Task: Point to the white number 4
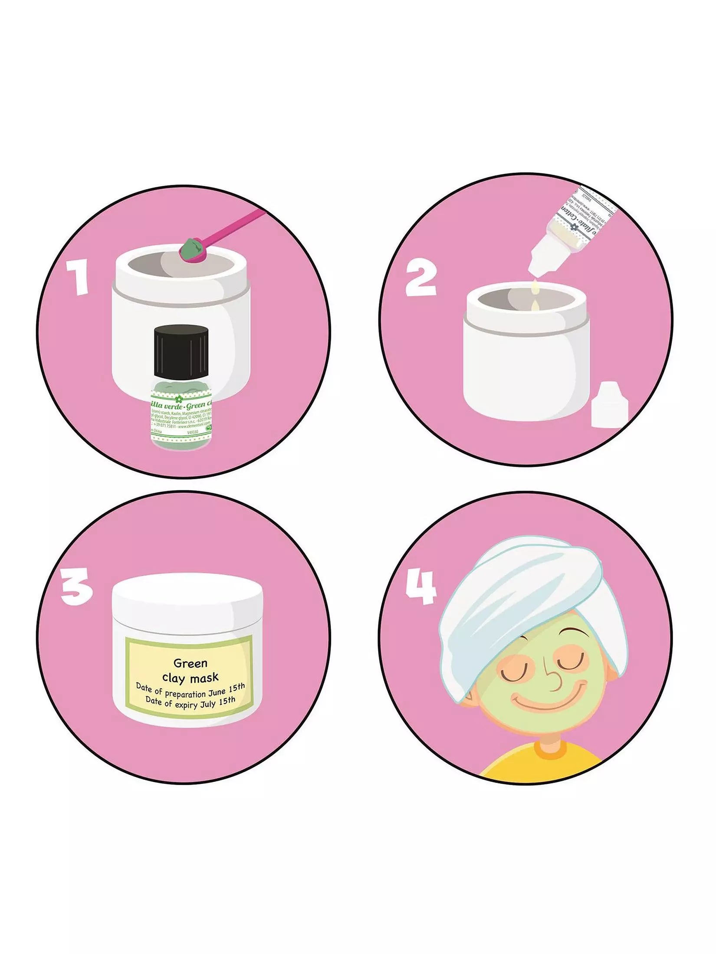coord(420,587)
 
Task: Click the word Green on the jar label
coord(190,662)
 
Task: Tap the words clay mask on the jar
coord(190,677)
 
